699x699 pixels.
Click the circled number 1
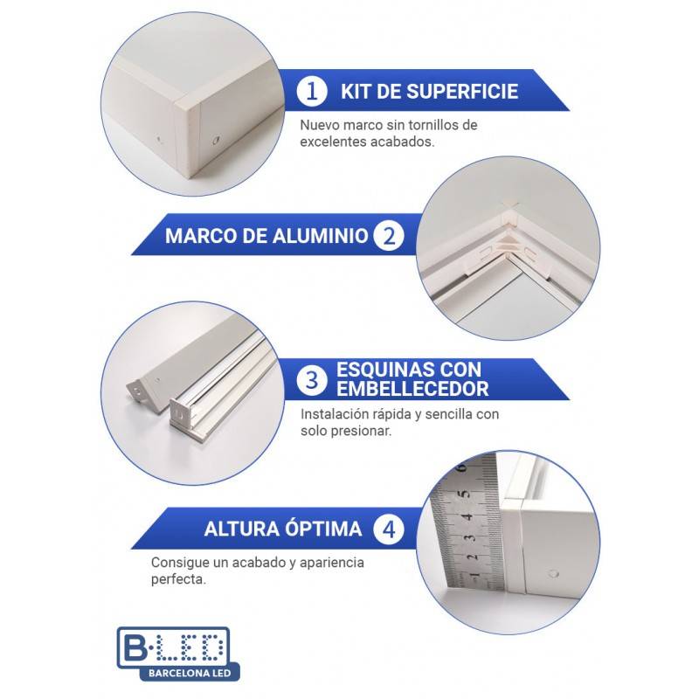coord(311,92)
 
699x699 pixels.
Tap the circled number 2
coord(388,235)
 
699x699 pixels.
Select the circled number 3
coord(311,379)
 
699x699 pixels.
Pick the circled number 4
coord(388,529)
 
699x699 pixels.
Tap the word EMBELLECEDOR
coord(413,389)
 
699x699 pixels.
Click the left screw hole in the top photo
coord(158,137)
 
